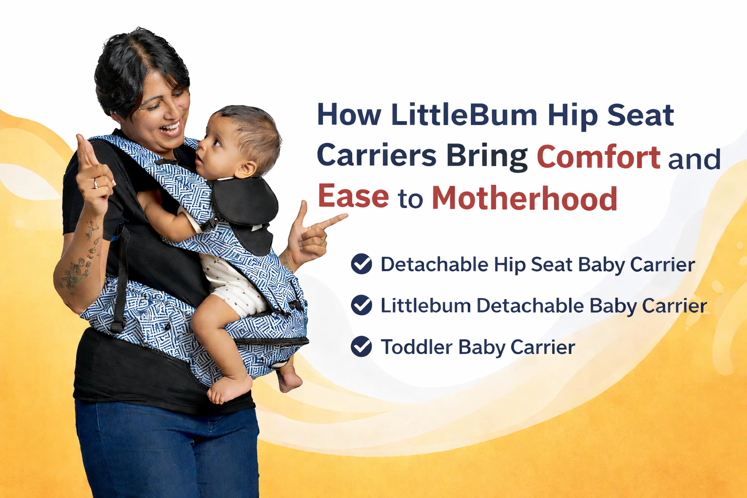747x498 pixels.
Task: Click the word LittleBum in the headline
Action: pyautogui.click(x=464, y=115)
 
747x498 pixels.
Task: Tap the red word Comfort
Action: pyautogui.click(x=598, y=157)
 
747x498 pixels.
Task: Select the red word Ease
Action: pyautogui.click(x=353, y=196)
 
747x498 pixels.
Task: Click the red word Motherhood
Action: pyautogui.click(x=524, y=197)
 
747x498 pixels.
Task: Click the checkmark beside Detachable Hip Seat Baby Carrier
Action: pyautogui.click(x=361, y=264)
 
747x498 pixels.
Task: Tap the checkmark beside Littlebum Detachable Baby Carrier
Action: pyautogui.click(x=361, y=305)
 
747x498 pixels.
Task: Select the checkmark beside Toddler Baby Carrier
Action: pyautogui.click(x=361, y=347)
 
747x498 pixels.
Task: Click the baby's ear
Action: pyautogui.click(x=246, y=169)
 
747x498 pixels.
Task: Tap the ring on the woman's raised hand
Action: pyautogui.click(x=95, y=183)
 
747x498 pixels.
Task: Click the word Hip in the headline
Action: pyautogui.click(x=571, y=116)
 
